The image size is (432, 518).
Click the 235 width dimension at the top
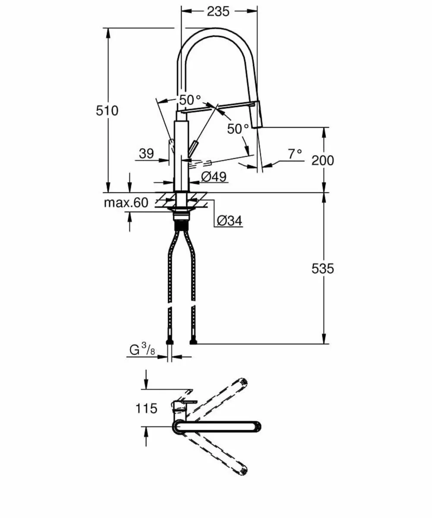[218, 12]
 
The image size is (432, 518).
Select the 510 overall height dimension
[107, 111]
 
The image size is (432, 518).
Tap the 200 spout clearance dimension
[323, 161]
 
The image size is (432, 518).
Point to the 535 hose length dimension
[323, 268]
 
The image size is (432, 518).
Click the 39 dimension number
[147, 153]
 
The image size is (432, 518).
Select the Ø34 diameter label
[229, 221]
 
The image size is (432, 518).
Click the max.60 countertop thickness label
[126, 202]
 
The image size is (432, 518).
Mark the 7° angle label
[295, 153]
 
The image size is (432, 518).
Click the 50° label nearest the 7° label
[238, 129]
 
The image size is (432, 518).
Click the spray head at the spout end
[256, 114]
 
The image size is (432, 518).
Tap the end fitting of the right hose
[193, 342]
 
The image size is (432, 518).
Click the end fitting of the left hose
[170, 342]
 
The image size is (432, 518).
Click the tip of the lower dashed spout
[243, 470]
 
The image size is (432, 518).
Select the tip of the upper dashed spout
[242, 383]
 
